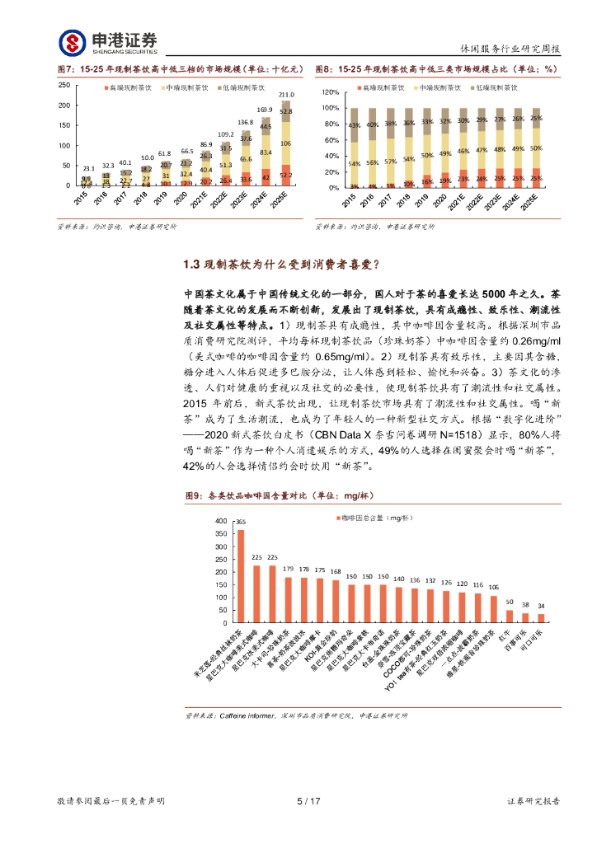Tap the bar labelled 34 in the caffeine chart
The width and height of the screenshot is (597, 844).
(x=541, y=617)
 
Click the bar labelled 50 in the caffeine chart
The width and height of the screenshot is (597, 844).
(x=509, y=615)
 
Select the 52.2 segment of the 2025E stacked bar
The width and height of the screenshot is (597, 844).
(x=286, y=176)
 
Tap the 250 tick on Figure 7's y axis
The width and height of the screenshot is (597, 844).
(x=63, y=86)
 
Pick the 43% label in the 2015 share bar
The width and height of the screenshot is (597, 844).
(x=354, y=125)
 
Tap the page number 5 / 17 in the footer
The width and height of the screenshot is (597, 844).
(x=308, y=801)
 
